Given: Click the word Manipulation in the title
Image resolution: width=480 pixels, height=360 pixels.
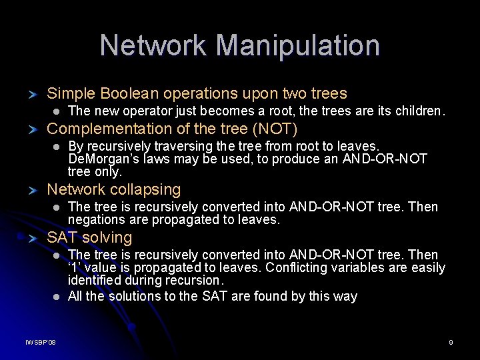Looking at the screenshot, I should [x=298, y=45].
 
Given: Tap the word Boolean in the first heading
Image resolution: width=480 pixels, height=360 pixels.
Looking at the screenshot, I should [x=125, y=94].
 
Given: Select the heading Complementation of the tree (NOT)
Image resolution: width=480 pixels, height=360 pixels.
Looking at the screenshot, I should [x=172, y=129].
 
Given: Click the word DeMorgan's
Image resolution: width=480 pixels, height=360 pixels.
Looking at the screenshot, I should [x=100, y=159].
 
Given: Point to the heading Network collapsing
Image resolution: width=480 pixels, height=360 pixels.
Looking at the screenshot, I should [x=114, y=190].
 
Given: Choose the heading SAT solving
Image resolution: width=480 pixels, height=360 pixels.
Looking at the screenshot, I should [x=89, y=237].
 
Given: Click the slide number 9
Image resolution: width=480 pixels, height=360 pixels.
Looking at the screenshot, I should [x=451, y=342].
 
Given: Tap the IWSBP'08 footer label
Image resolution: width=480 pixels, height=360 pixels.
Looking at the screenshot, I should [x=41, y=342].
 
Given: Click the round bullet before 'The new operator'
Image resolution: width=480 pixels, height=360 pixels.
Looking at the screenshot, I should [x=57, y=111].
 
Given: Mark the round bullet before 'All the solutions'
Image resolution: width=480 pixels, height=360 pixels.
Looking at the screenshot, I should [x=57, y=297].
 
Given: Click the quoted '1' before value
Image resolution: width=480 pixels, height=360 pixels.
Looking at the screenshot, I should [x=74, y=268].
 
